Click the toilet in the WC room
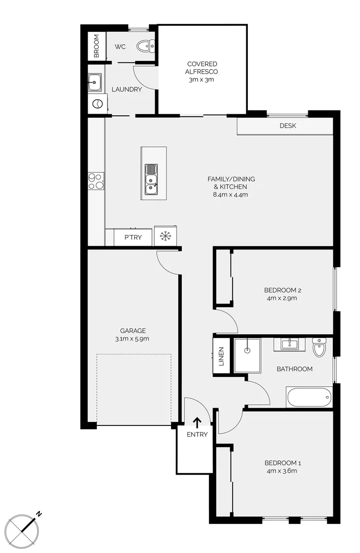coord(145,47)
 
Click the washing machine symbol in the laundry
coord(96,104)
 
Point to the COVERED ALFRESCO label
coord(202,72)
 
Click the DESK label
coord(288,126)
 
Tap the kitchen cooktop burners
coord(95,180)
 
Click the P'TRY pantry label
coord(133,237)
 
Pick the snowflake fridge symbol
coord(165,237)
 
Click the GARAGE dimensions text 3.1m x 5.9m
coord(133,339)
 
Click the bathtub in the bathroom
coord(309,397)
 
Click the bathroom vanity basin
coord(289,344)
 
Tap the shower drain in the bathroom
coord(247,351)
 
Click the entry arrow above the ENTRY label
coord(197,422)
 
